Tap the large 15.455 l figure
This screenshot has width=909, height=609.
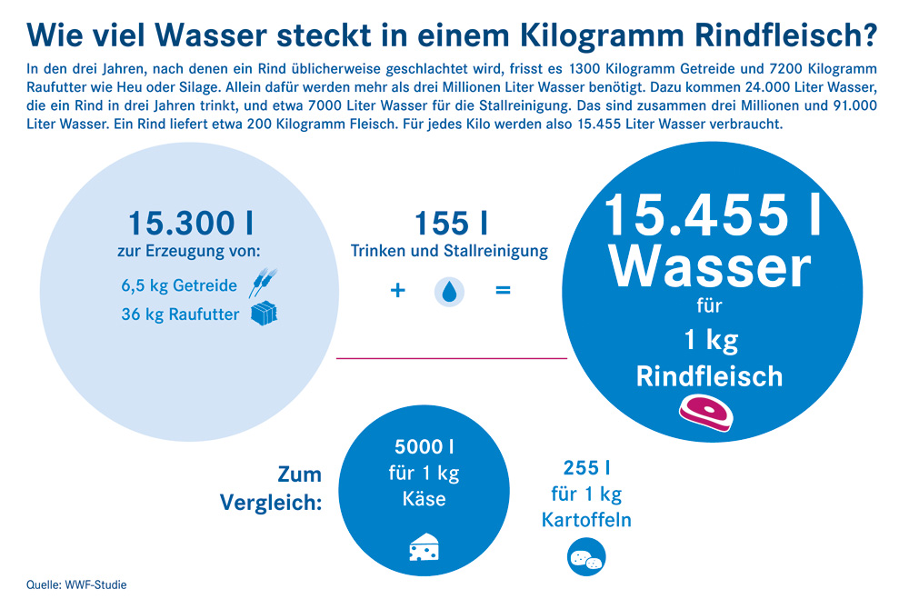click(712, 215)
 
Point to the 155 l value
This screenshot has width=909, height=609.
click(450, 224)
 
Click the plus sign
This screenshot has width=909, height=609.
click(395, 292)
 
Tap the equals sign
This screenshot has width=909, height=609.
click(503, 292)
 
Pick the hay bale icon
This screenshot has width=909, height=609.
click(264, 314)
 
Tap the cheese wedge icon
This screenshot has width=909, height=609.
click(425, 548)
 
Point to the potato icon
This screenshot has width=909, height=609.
click(586, 558)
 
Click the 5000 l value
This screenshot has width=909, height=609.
click(425, 447)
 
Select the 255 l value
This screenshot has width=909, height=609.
click(586, 468)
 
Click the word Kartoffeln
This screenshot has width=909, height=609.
click(586, 521)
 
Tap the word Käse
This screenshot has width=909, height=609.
click(425, 500)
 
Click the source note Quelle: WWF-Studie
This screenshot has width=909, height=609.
click(77, 584)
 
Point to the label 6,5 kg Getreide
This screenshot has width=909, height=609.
click(179, 285)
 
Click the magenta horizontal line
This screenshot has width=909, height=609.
click(452, 358)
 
